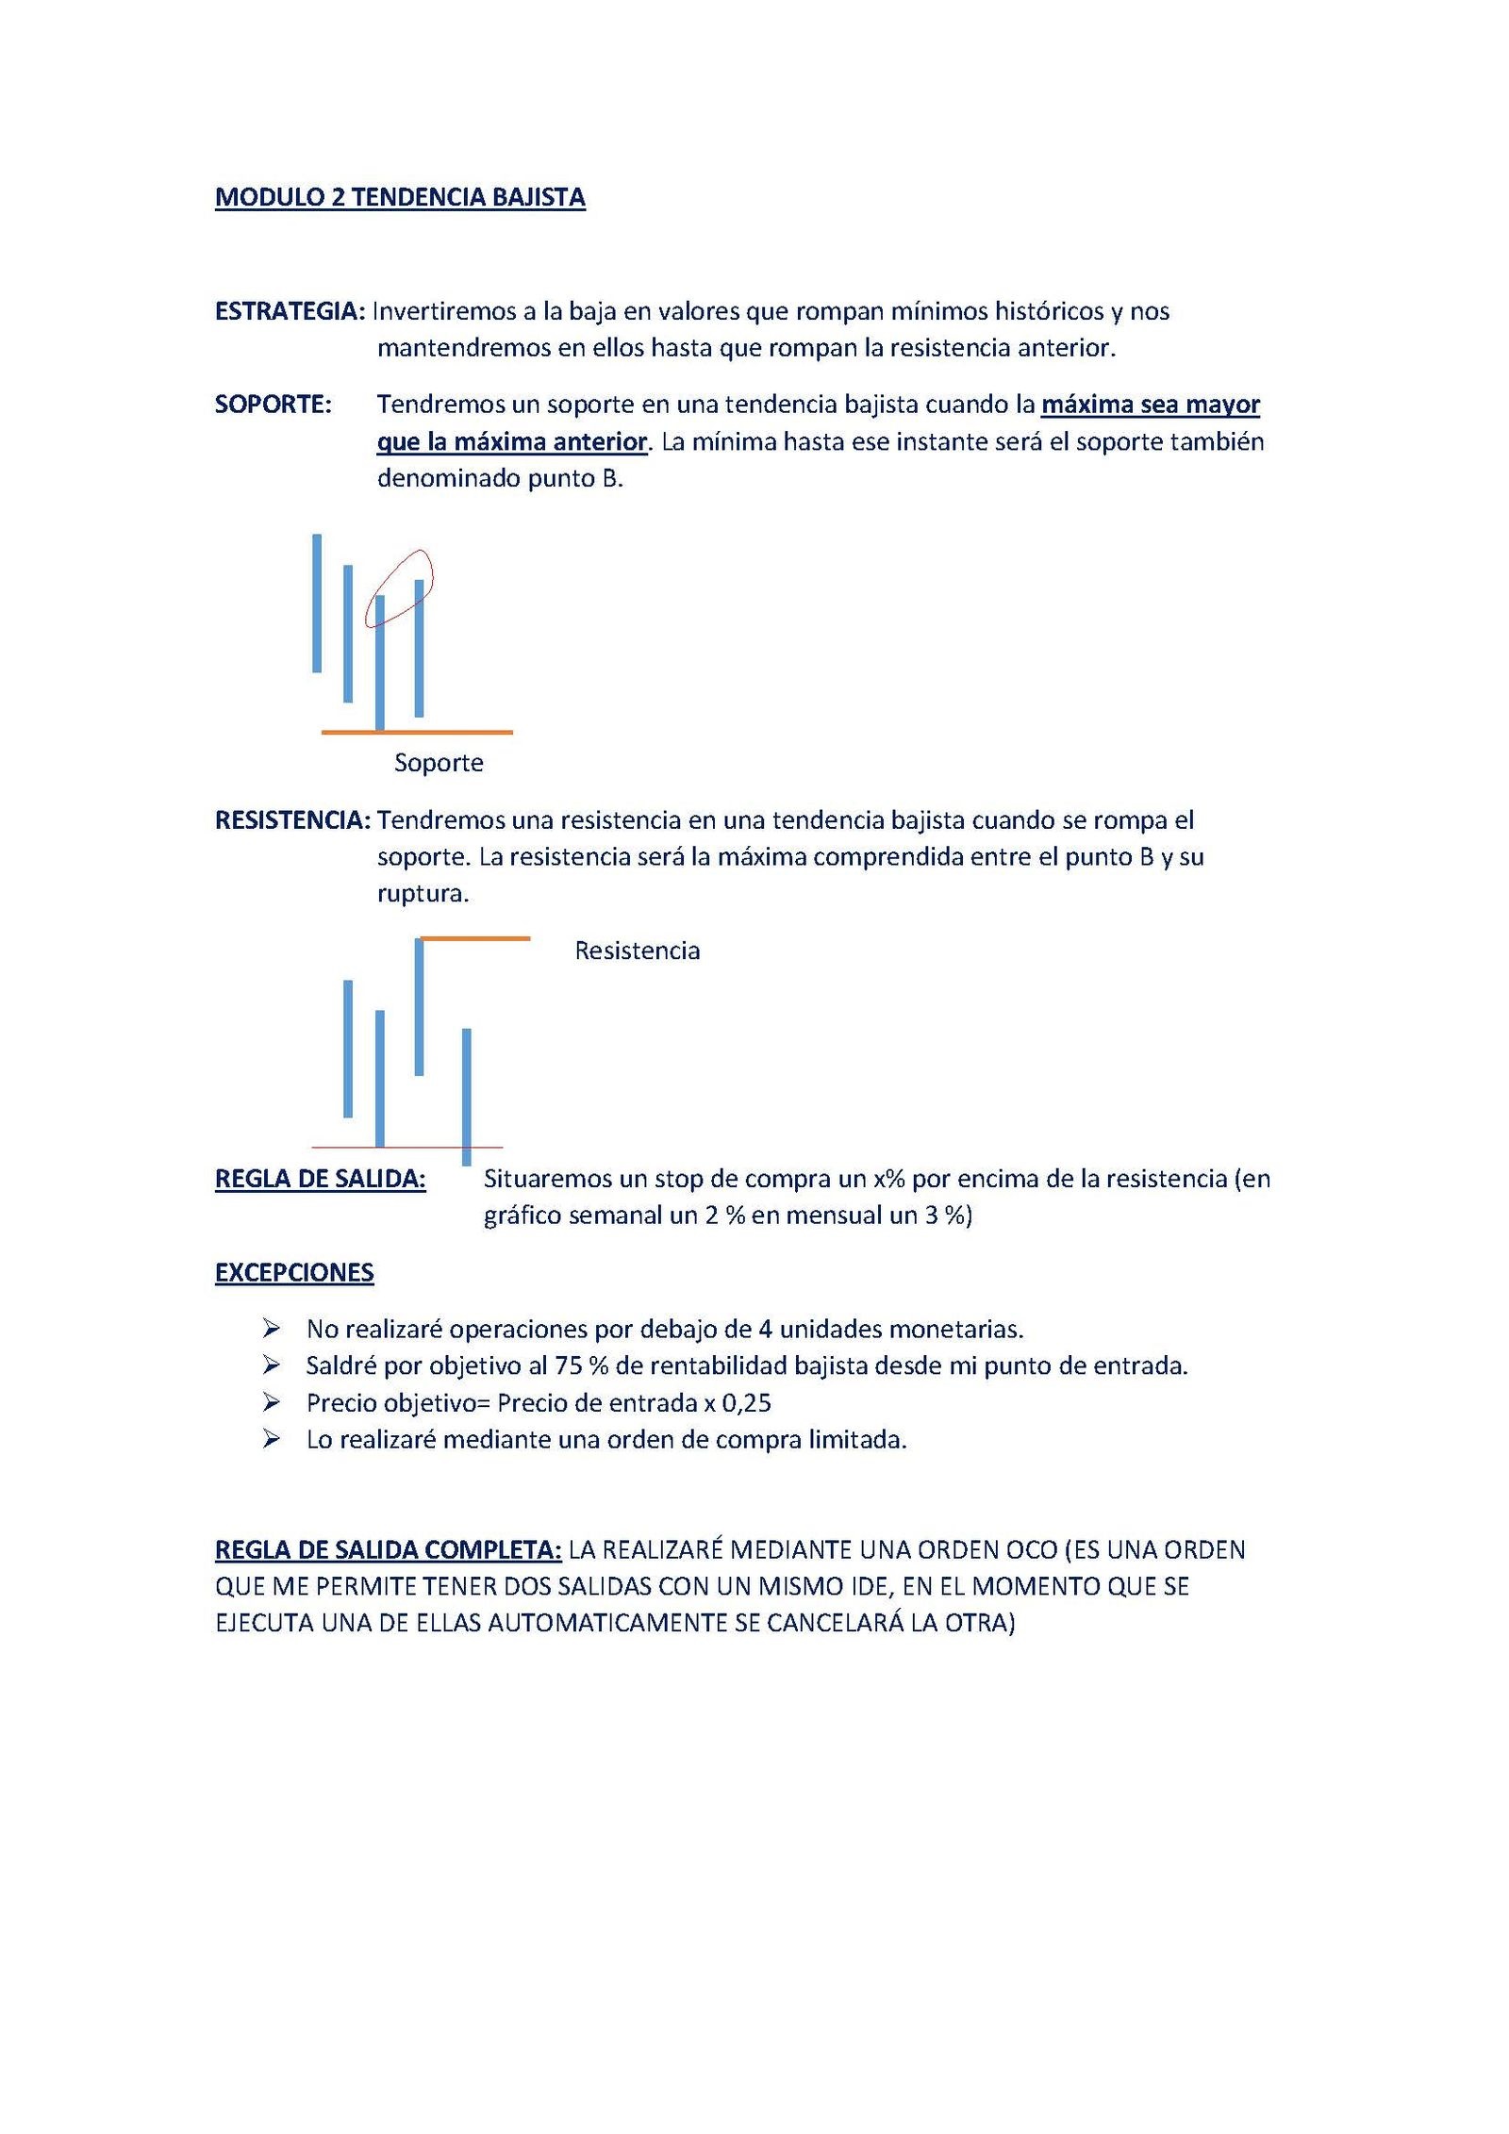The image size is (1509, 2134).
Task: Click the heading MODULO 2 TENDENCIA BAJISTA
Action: point(400,197)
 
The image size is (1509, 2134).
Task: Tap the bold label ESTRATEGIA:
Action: point(290,311)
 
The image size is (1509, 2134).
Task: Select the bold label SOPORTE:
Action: point(274,405)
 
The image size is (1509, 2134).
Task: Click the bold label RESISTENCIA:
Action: point(293,819)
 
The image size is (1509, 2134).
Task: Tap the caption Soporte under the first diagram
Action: point(439,762)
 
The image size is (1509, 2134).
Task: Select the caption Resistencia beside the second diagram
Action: point(638,950)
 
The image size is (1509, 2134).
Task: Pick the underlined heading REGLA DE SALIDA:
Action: point(321,1179)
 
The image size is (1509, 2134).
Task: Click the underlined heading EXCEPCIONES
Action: point(294,1273)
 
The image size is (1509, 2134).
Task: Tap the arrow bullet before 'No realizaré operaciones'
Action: point(272,1329)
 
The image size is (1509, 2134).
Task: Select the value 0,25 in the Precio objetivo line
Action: point(747,1403)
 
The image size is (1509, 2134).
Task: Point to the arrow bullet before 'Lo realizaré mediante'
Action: point(272,1440)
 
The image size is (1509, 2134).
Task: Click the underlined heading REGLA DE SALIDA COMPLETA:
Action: point(389,1550)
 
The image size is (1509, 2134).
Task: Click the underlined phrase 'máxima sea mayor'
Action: point(1151,405)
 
